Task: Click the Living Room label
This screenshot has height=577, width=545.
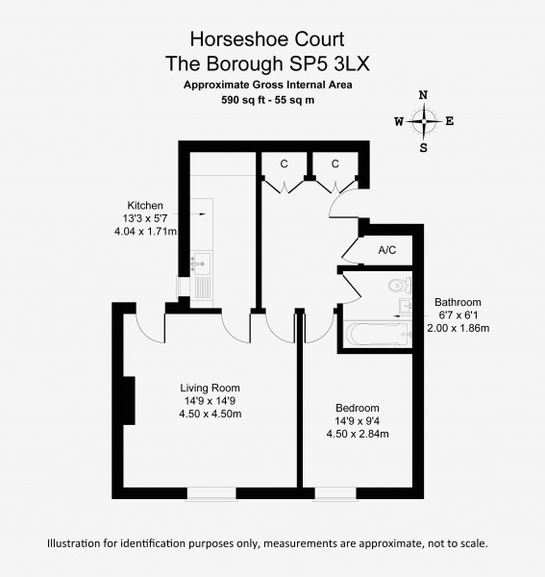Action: (x=210, y=388)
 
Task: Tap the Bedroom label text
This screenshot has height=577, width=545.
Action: (x=358, y=408)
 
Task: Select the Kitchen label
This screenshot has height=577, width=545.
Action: (x=145, y=206)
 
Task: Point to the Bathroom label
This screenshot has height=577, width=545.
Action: (x=458, y=302)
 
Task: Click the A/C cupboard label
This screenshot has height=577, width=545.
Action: (x=387, y=250)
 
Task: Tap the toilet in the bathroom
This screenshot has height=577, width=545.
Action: (x=400, y=285)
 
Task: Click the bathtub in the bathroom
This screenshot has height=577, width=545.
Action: (x=379, y=335)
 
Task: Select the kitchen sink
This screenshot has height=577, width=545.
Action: (x=201, y=263)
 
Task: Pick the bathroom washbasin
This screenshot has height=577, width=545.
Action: (x=406, y=306)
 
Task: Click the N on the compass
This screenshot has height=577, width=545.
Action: (x=424, y=95)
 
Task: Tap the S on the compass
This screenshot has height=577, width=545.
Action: (x=424, y=148)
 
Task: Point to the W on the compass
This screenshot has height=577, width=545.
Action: (x=399, y=121)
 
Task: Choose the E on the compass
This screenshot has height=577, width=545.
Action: (x=450, y=121)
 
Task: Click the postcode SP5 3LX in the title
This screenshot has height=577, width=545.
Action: (x=330, y=63)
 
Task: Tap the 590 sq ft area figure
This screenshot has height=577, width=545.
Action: (x=243, y=100)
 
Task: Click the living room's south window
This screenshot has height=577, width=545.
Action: (x=211, y=494)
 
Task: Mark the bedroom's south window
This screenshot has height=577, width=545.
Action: (x=335, y=494)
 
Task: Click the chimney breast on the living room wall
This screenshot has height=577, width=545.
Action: (x=129, y=400)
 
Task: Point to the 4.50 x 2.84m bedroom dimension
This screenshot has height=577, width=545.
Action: (x=358, y=434)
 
